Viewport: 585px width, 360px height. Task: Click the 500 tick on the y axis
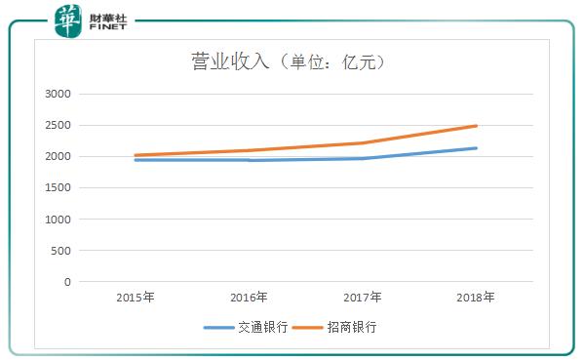pos(62,251)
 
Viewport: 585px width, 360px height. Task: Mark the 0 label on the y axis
pos(68,282)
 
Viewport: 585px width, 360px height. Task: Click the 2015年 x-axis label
pos(135,297)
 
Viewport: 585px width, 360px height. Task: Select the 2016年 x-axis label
pos(249,297)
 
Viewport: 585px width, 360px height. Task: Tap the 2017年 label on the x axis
pos(362,297)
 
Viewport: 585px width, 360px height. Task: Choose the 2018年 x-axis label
pos(476,297)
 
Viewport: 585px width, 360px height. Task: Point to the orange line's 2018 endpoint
pos(477,126)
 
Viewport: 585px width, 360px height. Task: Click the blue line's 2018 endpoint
pos(477,148)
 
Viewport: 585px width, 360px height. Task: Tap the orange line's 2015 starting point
pos(135,155)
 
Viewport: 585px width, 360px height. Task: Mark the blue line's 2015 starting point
pos(135,160)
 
